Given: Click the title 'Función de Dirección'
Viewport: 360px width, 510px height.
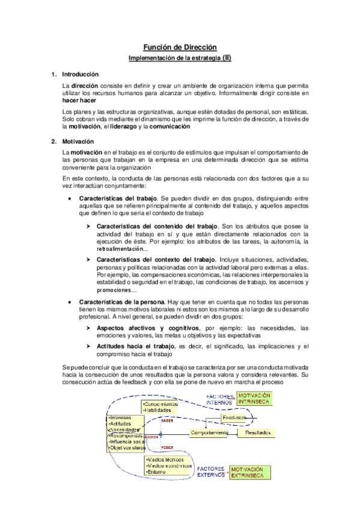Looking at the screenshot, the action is (180, 47).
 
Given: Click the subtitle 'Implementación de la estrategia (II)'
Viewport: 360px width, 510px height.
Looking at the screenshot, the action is (180, 58).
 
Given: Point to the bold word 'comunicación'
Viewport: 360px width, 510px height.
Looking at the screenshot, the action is (169, 127).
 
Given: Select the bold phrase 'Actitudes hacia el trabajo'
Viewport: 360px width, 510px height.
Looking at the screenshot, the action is (132, 346).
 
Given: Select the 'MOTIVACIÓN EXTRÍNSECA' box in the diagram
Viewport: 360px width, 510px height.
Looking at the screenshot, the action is (252, 472).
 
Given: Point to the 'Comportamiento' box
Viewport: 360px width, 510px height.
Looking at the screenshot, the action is (209, 432).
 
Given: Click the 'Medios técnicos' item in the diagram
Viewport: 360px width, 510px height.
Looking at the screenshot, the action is (166, 458).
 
